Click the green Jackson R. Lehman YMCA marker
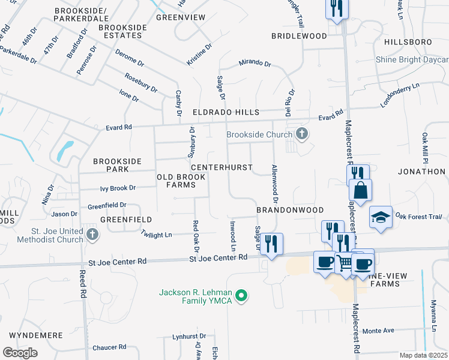click(x=241, y=296)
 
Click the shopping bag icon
click(x=360, y=191)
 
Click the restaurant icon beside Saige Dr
click(x=272, y=244)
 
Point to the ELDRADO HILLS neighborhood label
click(x=226, y=112)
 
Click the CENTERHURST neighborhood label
click(x=221, y=167)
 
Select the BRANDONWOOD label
click(x=290, y=210)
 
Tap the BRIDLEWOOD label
click(x=299, y=36)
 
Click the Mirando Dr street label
click(x=255, y=63)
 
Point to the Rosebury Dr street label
click(x=141, y=83)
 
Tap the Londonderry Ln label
click(x=399, y=96)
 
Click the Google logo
click(x=20, y=353)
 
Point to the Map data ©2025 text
click(x=423, y=355)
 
